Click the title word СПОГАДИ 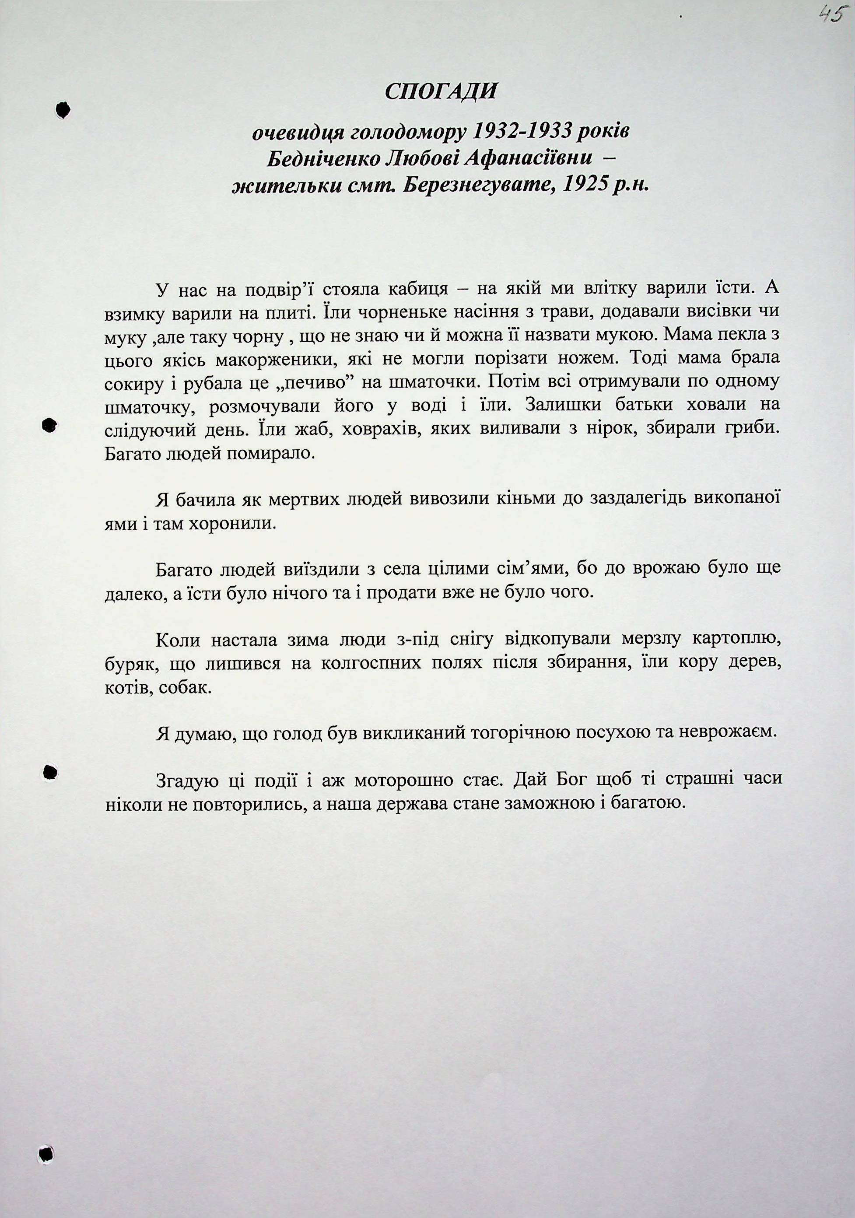pos(441,92)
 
